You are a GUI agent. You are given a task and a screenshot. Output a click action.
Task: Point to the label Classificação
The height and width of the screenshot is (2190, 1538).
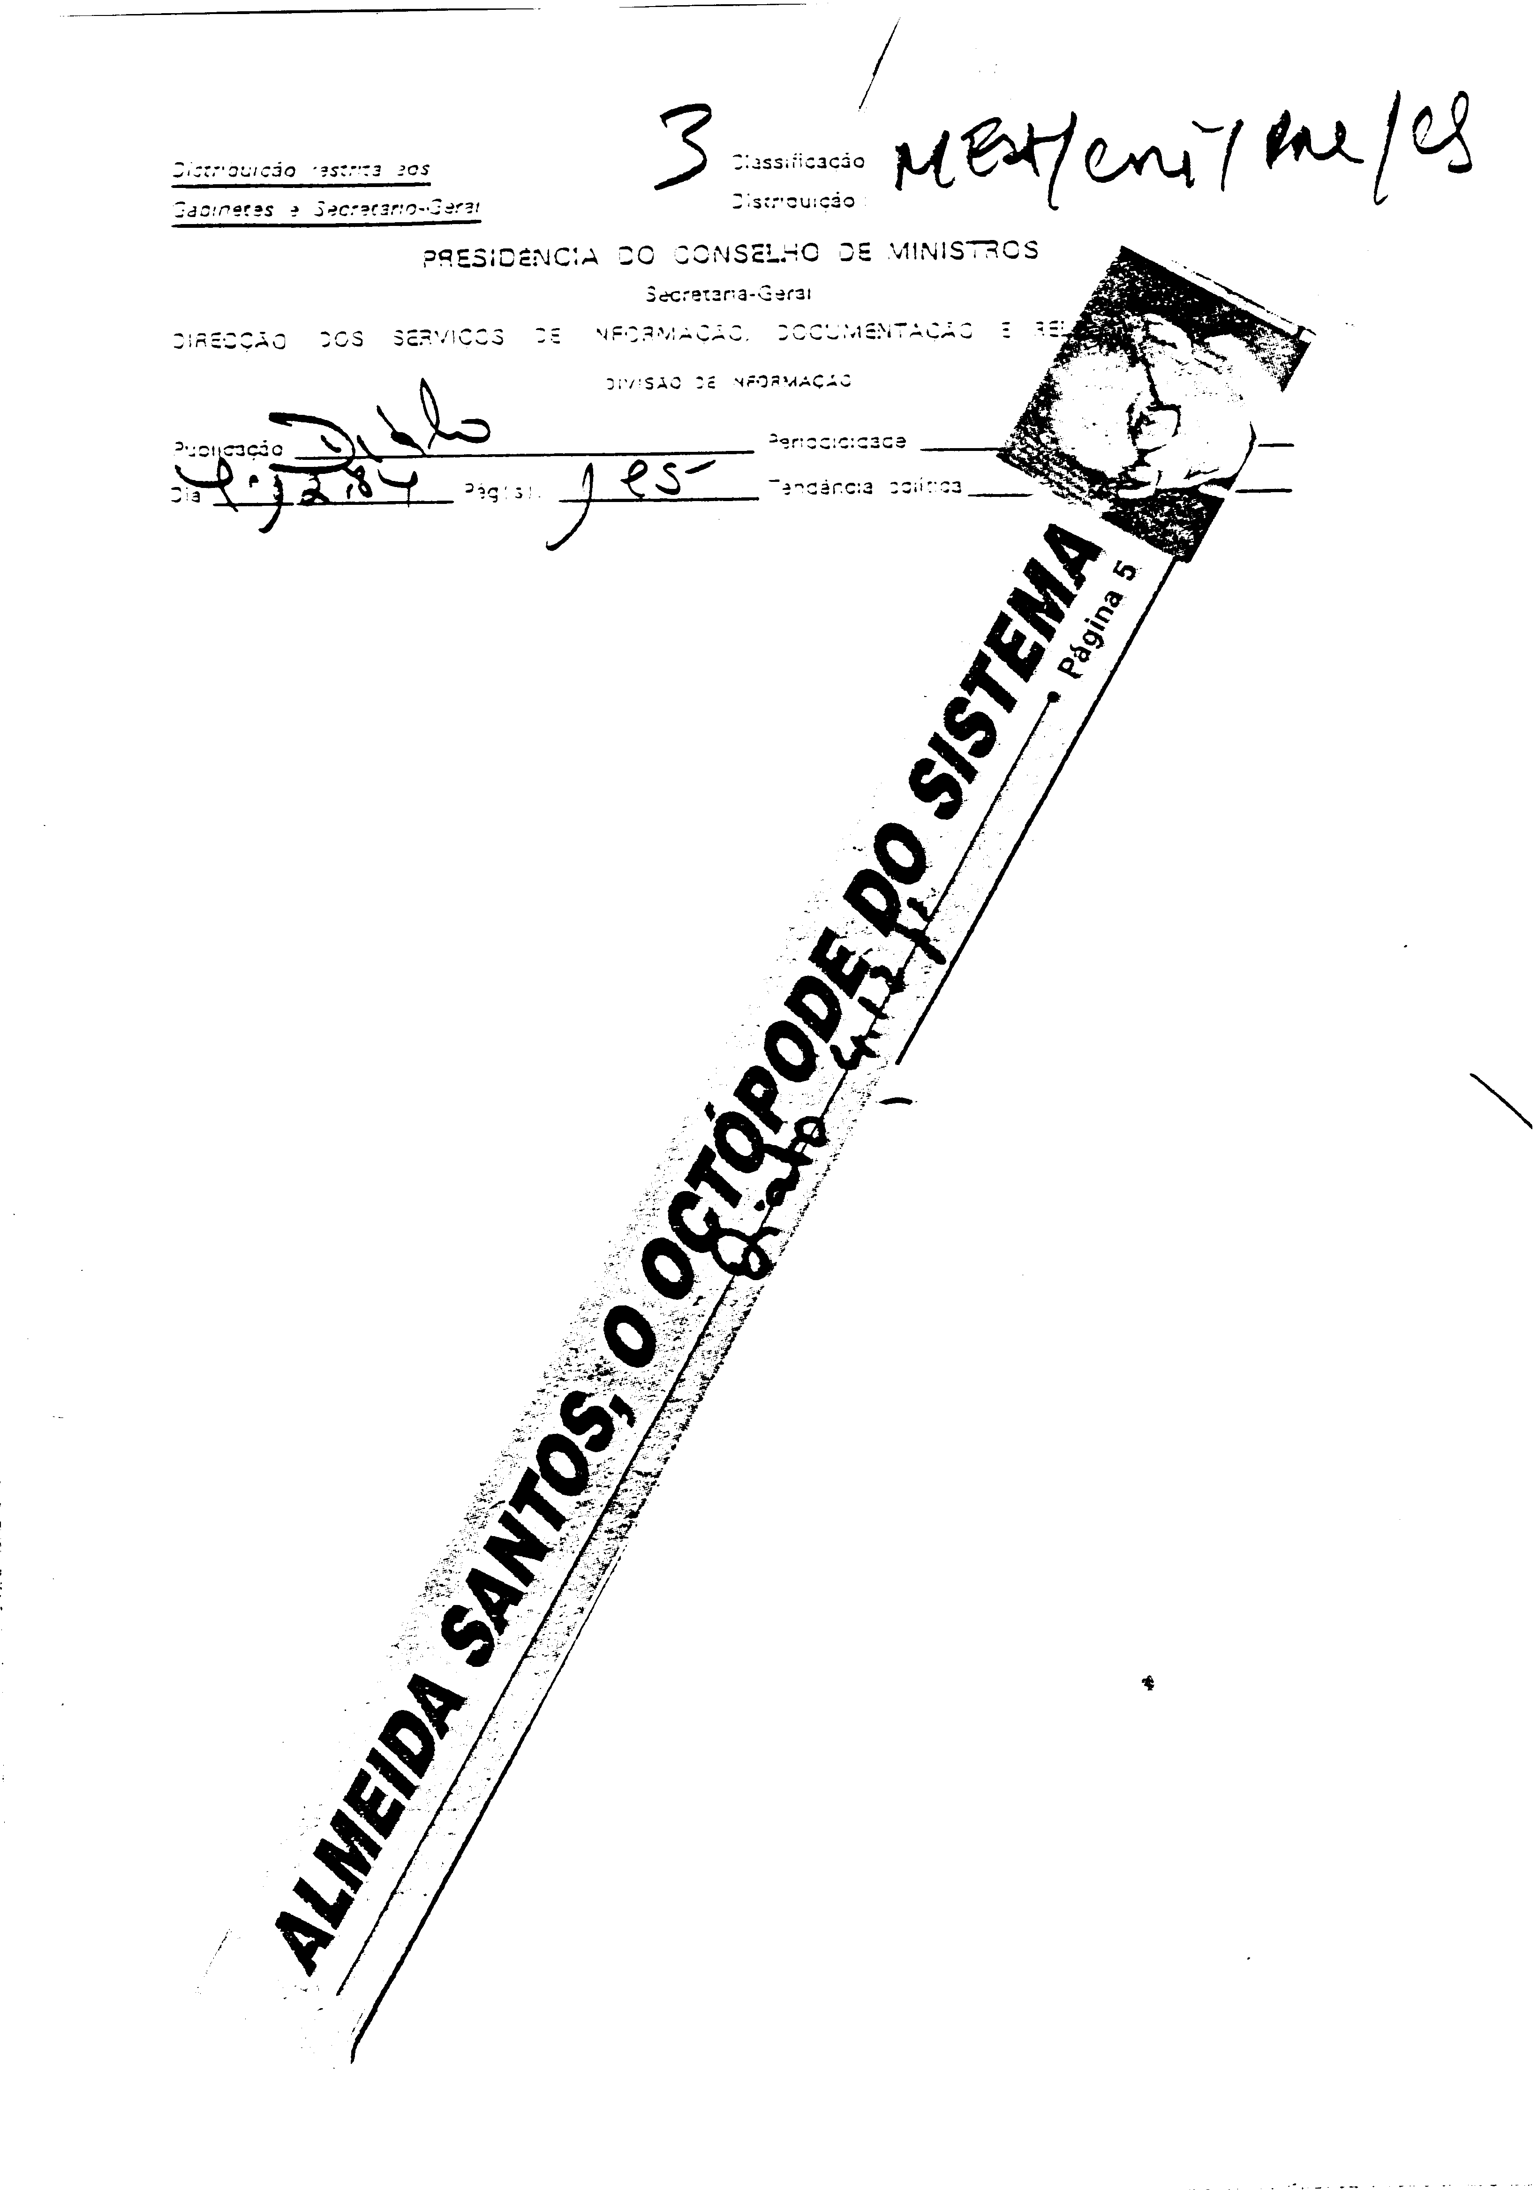(798, 161)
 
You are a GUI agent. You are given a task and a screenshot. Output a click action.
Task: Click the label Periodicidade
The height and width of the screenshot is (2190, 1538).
(837, 442)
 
